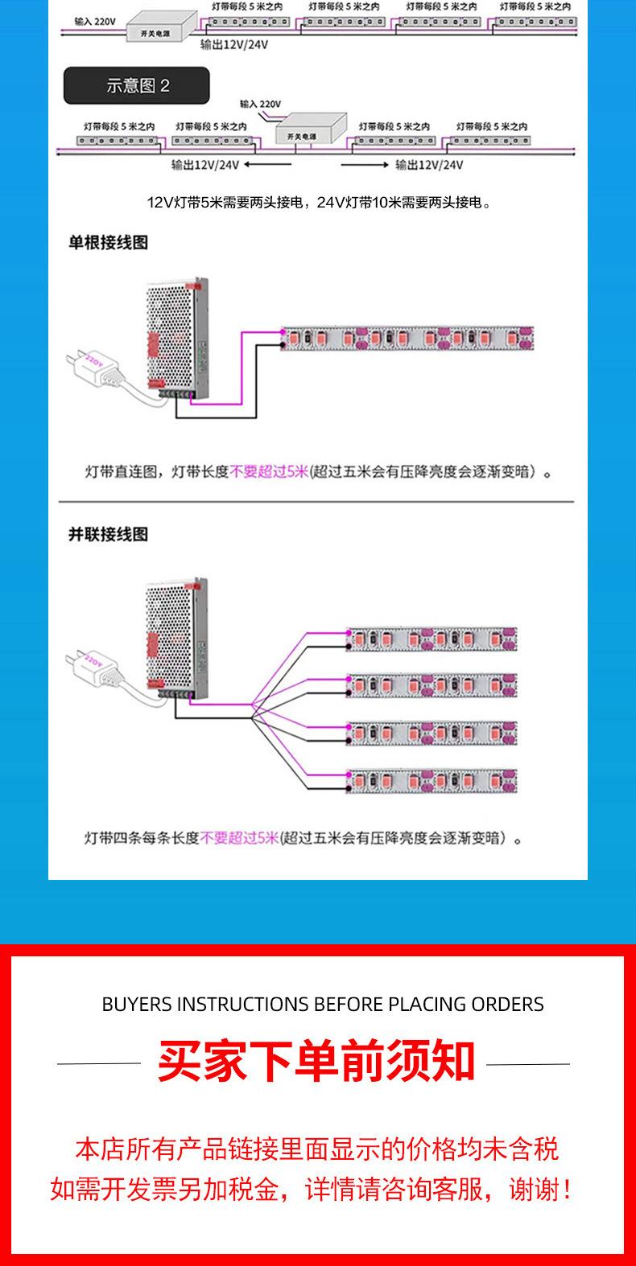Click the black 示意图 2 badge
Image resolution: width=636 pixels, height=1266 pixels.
click(137, 86)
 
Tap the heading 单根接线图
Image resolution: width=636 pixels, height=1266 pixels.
click(108, 243)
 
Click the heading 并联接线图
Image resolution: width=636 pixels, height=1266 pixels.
click(108, 535)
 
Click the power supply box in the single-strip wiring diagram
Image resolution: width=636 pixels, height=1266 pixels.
click(176, 338)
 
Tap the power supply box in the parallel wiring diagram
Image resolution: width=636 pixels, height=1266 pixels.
click(176, 635)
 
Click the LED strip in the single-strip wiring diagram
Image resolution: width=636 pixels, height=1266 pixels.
click(407, 339)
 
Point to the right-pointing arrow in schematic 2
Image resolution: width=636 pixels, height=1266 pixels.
click(365, 165)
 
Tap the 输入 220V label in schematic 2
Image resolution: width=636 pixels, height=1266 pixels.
click(260, 105)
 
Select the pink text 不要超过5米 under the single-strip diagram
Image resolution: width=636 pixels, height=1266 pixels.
click(269, 472)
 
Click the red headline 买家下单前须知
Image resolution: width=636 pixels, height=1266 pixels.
click(316, 1062)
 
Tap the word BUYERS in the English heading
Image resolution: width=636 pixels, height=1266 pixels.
click(137, 1005)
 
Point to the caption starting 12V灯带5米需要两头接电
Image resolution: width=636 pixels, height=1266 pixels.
click(319, 203)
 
